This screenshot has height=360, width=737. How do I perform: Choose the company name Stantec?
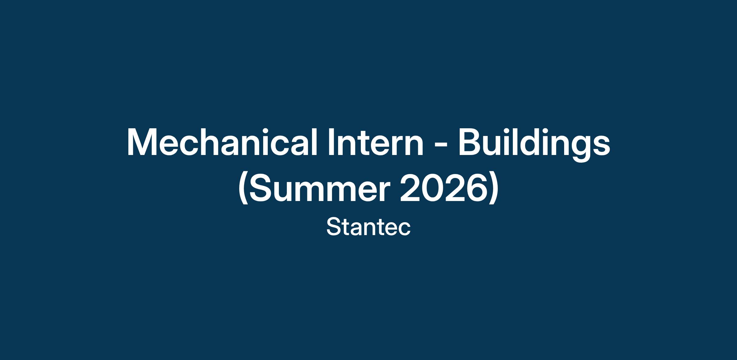click(368, 227)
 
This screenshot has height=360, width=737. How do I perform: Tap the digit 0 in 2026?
click(433, 190)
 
